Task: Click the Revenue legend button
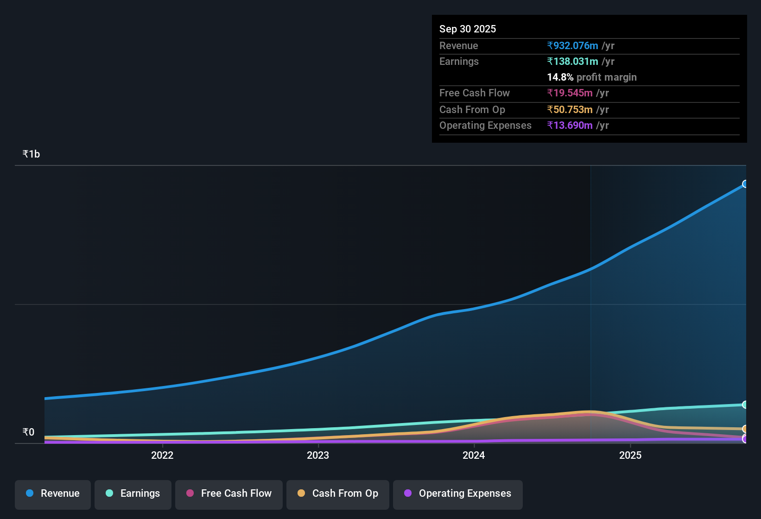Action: pyautogui.click(x=53, y=494)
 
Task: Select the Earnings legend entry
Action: pyautogui.click(x=133, y=494)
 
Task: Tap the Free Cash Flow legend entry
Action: pyautogui.click(x=229, y=494)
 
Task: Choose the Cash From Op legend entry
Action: pyautogui.click(x=338, y=494)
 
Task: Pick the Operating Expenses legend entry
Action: pyautogui.click(x=458, y=494)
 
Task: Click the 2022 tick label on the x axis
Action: pyautogui.click(x=162, y=456)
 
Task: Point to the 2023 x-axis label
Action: pyautogui.click(x=318, y=456)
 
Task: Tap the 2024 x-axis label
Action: pyautogui.click(x=474, y=456)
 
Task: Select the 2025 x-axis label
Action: pyautogui.click(x=630, y=456)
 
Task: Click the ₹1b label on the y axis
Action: pyautogui.click(x=31, y=154)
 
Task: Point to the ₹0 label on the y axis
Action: pyautogui.click(x=28, y=432)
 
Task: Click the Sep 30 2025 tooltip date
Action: pyautogui.click(x=467, y=29)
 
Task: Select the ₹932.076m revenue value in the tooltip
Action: pyautogui.click(x=573, y=46)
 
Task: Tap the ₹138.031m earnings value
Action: pyautogui.click(x=573, y=62)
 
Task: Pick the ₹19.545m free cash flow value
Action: pyautogui.click(x=570, y=93)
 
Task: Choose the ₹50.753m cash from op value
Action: pyautogui.click(x=570, y=110)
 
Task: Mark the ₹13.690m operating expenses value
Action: pyautogui.click(x=570, y=126)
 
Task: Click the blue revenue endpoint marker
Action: pyautogui.click(x=745, y=184)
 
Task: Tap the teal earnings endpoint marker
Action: pyautogui.click(x=745, y=405)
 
